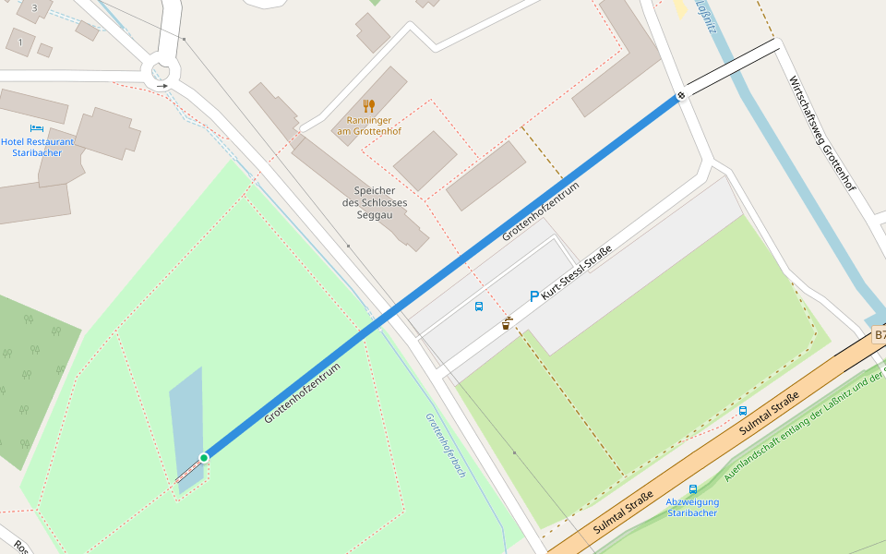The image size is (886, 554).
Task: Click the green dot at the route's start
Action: [204, 457]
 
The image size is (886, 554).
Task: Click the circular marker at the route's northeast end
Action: [681, 95]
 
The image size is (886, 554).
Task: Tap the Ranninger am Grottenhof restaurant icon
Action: [369, 105]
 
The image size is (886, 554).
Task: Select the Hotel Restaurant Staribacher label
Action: [38, 147]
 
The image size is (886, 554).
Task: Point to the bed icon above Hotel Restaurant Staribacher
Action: [37, 128]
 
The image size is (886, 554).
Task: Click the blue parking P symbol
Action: [533, 296]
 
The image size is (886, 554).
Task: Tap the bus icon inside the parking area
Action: [479, 307]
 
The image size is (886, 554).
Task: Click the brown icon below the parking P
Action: [507, 323]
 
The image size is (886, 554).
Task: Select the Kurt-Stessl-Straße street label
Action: [577, 272]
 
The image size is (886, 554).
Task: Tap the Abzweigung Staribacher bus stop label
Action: [692, 507]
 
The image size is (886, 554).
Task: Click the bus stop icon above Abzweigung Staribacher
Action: [693, 489]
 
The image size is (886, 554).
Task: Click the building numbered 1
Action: [20, 42]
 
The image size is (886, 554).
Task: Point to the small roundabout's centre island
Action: [163, 70]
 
